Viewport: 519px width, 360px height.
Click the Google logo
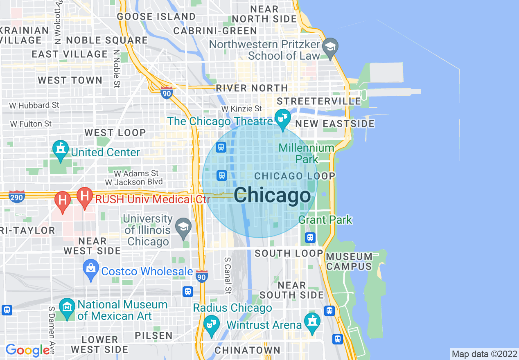tap(27, 350)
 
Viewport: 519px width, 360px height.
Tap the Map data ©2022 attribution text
tap(485, 354)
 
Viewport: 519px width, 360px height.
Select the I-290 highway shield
tap(17, 196)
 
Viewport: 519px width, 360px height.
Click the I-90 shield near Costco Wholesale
tap(201, 276)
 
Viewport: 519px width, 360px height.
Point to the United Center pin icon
tap(61, 151)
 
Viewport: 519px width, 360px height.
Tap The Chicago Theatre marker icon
tap(282, 118)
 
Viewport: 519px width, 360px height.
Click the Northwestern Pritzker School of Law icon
tap(329, 47)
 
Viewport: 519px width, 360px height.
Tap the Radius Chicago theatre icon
tap(212, 325)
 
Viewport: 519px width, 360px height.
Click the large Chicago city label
tap(272, 195)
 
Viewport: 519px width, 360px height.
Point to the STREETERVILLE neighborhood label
tap(319, 101)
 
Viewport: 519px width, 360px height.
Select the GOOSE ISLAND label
tap(156, 17)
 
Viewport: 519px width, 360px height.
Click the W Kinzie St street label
tap(241, 109)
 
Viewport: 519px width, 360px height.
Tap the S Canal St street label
tap(228, 275)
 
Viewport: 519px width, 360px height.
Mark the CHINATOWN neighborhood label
tap(248, 350)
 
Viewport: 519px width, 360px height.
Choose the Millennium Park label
tap(307, 153)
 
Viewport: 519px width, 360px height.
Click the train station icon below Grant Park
tap(310, 237)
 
